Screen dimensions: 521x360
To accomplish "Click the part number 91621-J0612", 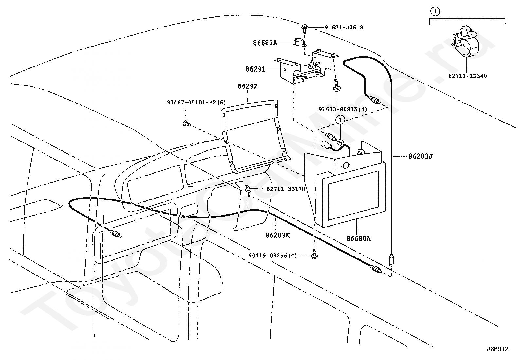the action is pyautogui.click(x=344, y=28).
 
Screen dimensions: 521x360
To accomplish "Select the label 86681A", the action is pyautogui.click(x=265, y=43).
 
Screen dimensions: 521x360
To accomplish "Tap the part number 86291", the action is pyautogui.click(x=255, y=69).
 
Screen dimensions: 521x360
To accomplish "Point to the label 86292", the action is pyautogui.click(x=247, y=86).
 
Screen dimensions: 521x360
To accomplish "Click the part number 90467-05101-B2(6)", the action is pyautogui.click(x=196, y=103).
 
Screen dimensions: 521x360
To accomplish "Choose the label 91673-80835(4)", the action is pyautogui.click(x=343, y=109).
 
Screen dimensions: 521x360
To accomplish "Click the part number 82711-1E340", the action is pyautogui.click(x=468, y=76).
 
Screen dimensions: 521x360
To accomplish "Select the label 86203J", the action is pyautogui.click(x=421, y=156).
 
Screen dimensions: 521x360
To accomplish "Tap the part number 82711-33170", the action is pyautogui.click(x=286, y=189).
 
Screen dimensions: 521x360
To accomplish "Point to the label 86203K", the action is pyautogui.click(x=278, y=236).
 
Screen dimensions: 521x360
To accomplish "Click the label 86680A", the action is pyautogui.click(x=358, y=238).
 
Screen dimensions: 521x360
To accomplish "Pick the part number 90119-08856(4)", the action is pyautogui.click(x=272, y=256).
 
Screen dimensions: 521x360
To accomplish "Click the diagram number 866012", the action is pyautogui.click(x=497, y=349).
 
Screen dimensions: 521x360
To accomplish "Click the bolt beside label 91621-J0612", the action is pyautogui.click(x=304, y=28).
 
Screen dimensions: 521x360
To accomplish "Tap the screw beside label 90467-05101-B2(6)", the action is pyautogui.click(x=187, y=123).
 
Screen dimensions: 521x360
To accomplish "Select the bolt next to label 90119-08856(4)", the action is pyautogui.click(x=314, y=254).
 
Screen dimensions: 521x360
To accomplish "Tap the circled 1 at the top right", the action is pyautogui.click(x=435, y=11).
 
